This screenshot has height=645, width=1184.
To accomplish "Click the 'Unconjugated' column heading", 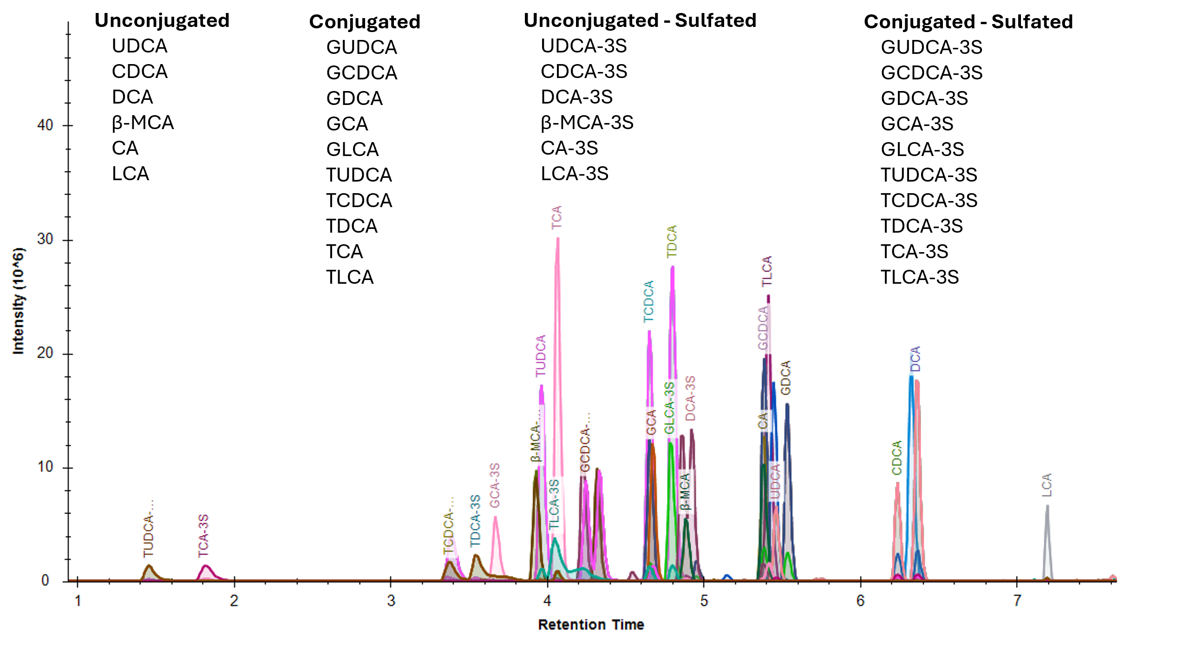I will pos(162,21).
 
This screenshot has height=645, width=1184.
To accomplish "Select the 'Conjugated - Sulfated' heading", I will pos(968,22).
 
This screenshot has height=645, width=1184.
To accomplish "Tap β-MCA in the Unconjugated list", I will pos(143,123).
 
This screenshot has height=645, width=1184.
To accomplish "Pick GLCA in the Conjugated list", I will pos(352,150).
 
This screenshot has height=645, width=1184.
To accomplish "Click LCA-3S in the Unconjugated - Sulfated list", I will pos(574,174).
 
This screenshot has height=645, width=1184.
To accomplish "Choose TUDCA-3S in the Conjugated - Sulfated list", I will pos(929,175).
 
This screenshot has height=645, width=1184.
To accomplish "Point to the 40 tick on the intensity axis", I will pos(45,125).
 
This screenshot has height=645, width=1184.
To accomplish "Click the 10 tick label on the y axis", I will pos(45,467).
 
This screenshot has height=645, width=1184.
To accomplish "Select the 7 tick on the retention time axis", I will pos(1017,600).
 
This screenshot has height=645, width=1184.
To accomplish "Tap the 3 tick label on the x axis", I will pos(391,600).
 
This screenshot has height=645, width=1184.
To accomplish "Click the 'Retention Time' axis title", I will pos(591,625).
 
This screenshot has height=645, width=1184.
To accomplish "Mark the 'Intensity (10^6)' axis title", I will pos(18,301).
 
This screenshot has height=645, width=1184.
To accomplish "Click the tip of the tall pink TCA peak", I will pos(557,239).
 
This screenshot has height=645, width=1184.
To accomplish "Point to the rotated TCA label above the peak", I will pos(556,217).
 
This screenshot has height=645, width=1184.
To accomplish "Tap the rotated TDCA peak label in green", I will pos(672,241).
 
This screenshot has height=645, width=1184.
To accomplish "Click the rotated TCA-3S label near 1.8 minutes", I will pos(203,535).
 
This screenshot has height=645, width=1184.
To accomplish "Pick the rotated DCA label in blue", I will pos(915,359).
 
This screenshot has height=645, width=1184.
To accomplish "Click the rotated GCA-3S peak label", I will pos(495,485).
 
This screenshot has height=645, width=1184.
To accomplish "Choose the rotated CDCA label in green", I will pos(896,458).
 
